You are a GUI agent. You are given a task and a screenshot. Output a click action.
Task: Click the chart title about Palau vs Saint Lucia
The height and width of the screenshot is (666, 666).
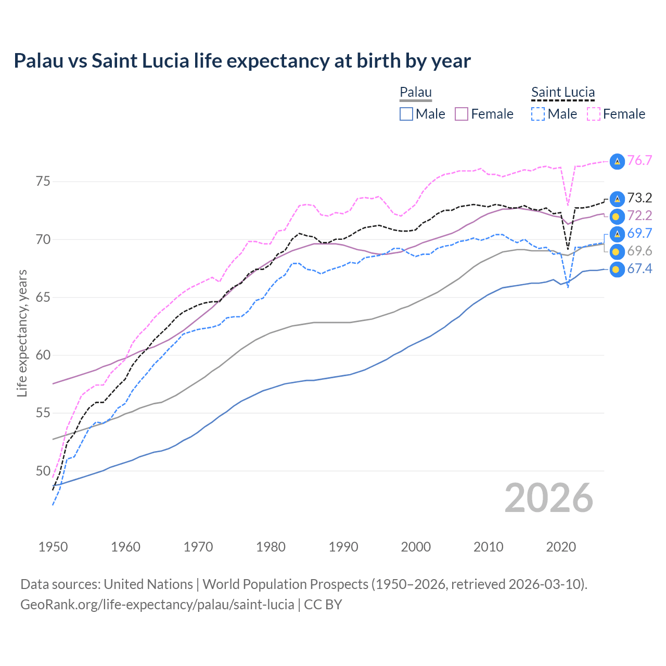coord(242,61)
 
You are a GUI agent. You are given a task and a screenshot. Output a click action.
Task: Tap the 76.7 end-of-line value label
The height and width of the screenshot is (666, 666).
coord(639,160)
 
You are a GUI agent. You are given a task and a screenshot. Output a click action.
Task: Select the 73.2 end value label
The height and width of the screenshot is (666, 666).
coord(639,198)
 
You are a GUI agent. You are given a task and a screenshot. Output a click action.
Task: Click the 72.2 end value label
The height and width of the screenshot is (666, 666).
coord(639,215)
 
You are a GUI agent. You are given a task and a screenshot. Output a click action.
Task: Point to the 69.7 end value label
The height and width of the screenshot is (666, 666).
coord(639,233)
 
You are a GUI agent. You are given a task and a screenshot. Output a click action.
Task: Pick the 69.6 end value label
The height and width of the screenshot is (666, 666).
coord(639,251)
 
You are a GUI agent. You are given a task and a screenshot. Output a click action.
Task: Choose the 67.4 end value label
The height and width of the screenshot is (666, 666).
coord(639,268)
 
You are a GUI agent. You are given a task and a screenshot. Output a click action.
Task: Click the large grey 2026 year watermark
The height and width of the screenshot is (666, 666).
coord(548,498)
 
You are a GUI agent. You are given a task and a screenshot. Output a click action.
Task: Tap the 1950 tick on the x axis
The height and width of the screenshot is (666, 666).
coord(53,547)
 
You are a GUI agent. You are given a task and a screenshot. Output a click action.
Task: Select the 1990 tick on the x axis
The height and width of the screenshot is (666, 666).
coord(343,547)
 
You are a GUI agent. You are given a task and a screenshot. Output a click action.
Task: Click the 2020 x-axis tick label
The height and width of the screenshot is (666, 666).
coord(561,547)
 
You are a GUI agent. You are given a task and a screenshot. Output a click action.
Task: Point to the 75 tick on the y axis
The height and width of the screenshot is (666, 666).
coord(43,182)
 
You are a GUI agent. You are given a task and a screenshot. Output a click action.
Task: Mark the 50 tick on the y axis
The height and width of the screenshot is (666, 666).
coord(43,471)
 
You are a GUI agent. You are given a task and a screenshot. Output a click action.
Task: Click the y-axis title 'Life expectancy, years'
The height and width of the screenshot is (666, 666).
coord(22,333)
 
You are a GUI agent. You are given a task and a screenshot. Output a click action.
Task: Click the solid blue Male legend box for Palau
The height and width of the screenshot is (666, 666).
coord(406,114)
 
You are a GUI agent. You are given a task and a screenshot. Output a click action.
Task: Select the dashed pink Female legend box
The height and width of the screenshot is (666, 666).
coord(594,114)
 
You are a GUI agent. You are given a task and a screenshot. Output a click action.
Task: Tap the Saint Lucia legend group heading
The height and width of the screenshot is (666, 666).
coord(562,92)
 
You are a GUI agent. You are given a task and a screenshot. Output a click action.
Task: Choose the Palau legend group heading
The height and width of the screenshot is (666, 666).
coord(416,92)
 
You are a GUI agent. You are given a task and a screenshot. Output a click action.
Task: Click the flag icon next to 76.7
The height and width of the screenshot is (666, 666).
coord(617,161)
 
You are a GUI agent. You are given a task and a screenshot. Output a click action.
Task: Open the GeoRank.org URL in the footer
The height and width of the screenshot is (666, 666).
coord(157,605)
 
